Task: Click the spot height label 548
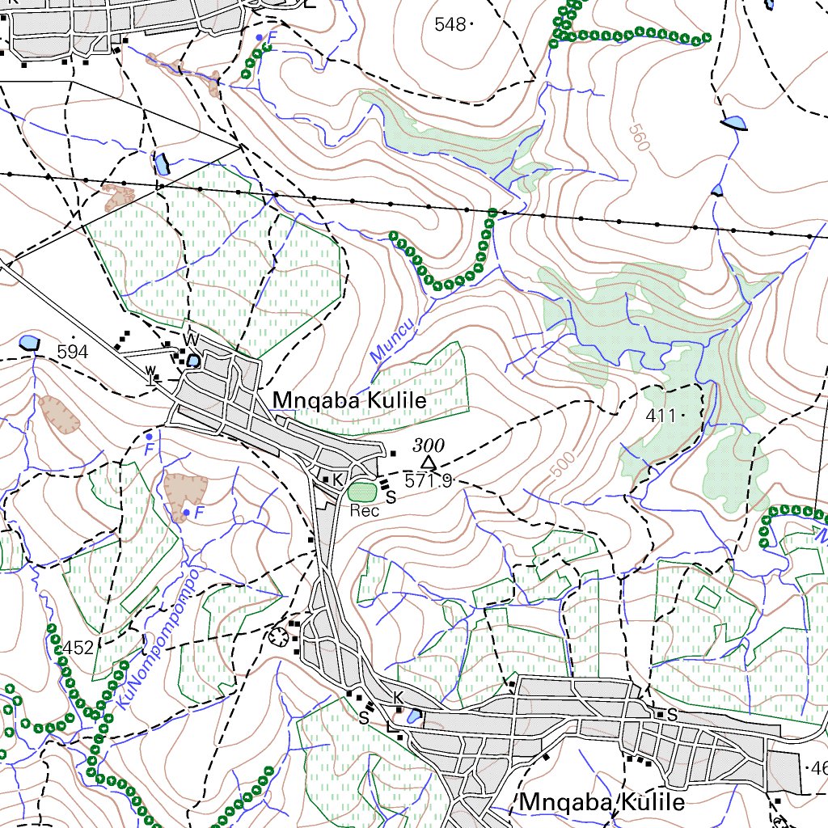(x=450, y=25)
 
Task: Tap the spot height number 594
(x=73, y=352)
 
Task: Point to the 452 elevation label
(x=78, y=648)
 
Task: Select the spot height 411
(x=661, y=416)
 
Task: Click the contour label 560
(x=639, y=138)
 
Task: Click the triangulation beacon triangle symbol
(x=429, y=463)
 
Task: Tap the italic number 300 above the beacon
(x=429, y=445)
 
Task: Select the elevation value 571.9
(x=429, y=481)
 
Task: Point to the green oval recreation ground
(x=362, y=491)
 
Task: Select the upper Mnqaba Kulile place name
(x=349, y=400)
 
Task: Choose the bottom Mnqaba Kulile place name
(x=602, y=802)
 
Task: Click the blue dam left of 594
(x=30, y=342)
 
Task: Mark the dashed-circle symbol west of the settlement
(x=281, y=636)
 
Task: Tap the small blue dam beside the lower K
(x=413, y=716)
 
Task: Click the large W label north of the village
(x=192, y=338)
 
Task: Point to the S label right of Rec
(x=391, y=497)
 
